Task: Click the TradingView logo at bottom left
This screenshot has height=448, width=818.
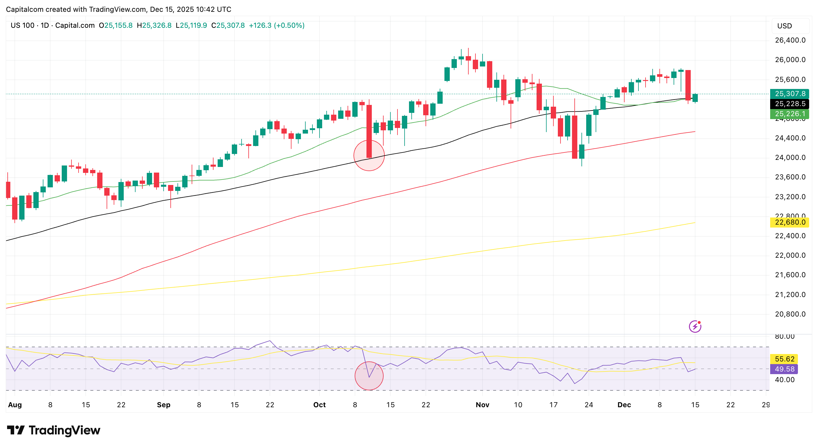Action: (53, 430)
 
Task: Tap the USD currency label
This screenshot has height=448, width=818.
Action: (784, 26)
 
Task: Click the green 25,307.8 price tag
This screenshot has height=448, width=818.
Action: (789, 94)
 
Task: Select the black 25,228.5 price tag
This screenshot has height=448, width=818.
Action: (789, 104)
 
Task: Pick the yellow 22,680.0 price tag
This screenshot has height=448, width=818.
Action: (789, 222)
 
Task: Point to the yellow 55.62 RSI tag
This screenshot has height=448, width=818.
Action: (784, 359)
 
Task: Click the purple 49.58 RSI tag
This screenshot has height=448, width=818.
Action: (784, 369)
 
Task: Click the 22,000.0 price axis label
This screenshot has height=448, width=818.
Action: (790, 255)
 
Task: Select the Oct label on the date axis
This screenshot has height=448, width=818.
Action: (320, 405)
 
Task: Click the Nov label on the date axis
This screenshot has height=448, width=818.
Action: (482, 405)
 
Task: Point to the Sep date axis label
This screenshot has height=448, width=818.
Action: (164, 405)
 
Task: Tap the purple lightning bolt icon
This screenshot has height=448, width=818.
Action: (695, 326)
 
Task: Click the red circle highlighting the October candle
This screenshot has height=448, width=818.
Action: (369, 156)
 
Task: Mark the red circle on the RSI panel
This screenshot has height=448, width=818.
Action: (369, 376)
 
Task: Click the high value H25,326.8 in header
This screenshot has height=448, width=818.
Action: (154, 25)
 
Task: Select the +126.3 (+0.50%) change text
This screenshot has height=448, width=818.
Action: (277, 25)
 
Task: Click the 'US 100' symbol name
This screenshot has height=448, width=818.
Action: (22, 25)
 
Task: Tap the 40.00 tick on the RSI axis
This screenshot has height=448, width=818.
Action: (784, 380)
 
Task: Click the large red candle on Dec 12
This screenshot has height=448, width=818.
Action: (688, 85)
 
